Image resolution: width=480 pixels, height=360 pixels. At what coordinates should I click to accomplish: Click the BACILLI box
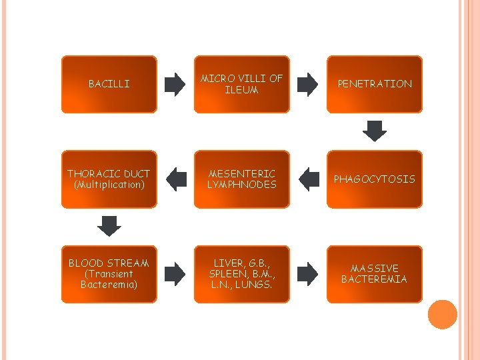tap(109, 84)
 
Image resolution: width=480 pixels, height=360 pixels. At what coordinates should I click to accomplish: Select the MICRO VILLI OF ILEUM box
tap(242, 84)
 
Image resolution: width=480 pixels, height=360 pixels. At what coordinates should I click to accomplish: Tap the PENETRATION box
tap(375, 84)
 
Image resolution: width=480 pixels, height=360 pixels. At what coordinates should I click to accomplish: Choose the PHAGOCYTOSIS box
tap(375, 179)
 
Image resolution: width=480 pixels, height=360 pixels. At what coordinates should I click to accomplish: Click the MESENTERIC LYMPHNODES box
tap(242, 179)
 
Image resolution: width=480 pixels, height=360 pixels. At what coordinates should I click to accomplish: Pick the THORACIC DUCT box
tap(109, 179)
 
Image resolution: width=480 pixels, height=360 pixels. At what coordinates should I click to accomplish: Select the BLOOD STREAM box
tap(109, 274)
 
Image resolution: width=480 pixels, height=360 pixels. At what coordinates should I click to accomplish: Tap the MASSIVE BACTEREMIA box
tap(375, 274)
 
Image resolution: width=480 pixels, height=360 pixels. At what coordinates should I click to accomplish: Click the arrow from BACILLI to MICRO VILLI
tap(175, 84)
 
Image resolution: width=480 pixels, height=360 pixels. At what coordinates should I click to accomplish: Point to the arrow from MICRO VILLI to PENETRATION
tap(308, 84)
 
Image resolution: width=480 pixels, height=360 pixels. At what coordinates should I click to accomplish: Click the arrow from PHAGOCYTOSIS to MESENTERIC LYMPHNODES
tap(309, 179)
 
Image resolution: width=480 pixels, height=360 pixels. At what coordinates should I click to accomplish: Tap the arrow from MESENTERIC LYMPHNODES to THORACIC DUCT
tap(176, 179)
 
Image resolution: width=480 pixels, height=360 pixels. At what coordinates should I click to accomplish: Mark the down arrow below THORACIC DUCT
tap(109, 225)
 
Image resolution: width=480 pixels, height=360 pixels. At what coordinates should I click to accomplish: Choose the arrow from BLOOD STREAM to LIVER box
tap(175, 273)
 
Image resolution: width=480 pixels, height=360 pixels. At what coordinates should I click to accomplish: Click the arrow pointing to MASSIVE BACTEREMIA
tap(308, 273)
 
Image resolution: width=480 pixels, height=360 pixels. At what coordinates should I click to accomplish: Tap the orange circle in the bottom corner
tap(443, 315)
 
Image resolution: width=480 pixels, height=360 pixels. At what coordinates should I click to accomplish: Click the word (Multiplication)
tap(109, 185)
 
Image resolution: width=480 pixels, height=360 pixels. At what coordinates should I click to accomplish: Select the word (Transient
tap(109, 274)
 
